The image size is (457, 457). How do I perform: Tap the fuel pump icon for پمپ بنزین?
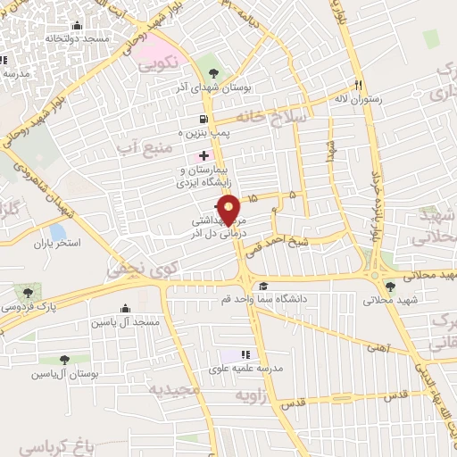click(205, 120)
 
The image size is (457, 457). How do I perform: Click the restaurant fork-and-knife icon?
click(358, 85)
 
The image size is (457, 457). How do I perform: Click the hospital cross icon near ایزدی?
click(204, 155)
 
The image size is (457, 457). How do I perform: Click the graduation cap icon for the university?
click(262, 287)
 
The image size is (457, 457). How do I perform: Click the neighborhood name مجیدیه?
click(170, 390)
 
